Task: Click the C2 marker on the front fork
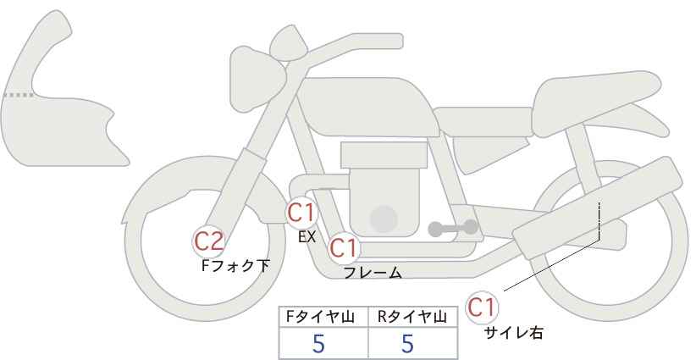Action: point(209,242)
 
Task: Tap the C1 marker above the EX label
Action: point(301,213)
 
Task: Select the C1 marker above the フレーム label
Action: point(344,247)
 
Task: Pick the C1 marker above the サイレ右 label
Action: point(482,307)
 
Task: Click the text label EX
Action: point(307,237)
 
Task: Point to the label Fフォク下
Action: point(235,266)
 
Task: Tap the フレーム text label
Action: point(373,273)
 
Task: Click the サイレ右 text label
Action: point(514,333)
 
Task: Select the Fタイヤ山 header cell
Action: point(323,318)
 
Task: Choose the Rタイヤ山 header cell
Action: point(413,318)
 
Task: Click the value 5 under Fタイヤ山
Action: point(318,343)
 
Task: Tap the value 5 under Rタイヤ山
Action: point(407,343)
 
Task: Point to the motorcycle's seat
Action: point(594,104)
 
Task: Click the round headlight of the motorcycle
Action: point(257,80)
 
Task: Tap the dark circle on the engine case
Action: point(384,219)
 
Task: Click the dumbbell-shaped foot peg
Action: point(453,228)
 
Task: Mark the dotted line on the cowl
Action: point(19,95)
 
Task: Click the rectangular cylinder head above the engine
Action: point(384,155)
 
